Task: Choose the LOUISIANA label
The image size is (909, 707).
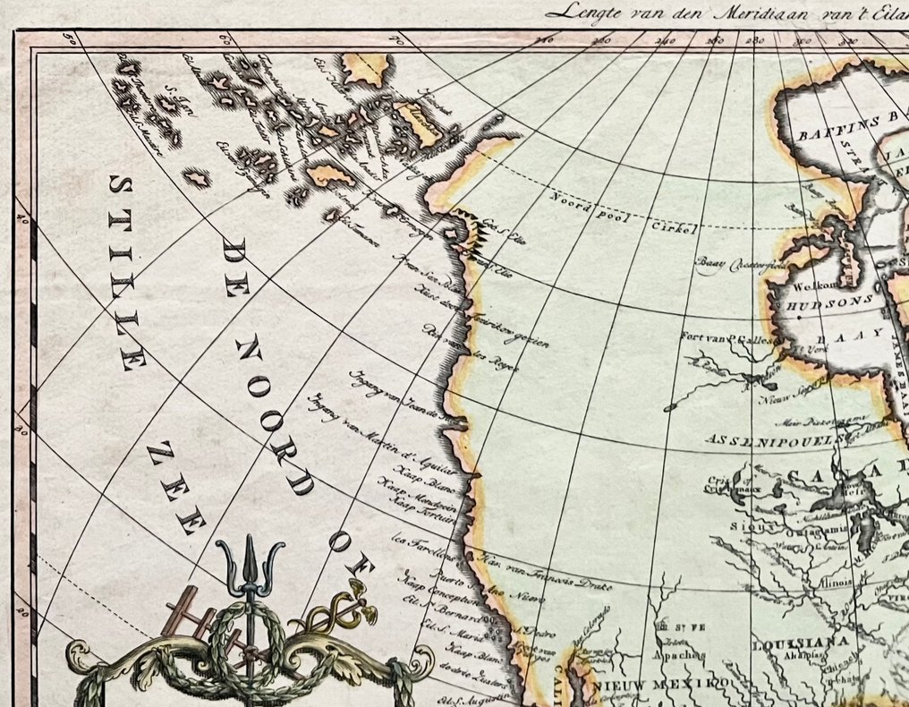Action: click(788, 643)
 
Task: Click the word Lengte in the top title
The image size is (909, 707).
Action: click(582, 13)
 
